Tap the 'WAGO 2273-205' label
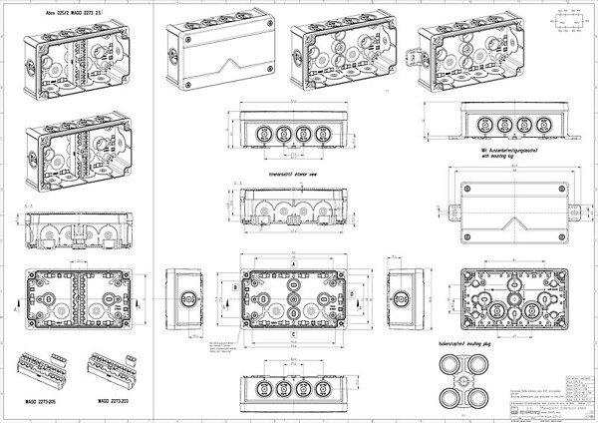click(x=37, y=400)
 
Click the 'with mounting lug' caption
click(x=486, y=158)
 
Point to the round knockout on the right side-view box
click(x=401, y=296)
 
